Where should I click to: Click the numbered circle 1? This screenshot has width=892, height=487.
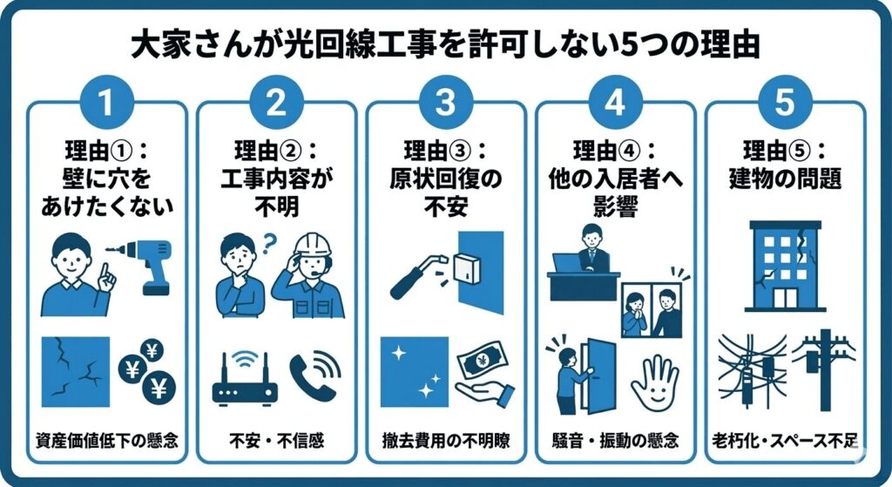pos(105,103)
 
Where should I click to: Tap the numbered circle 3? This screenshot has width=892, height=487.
pos(445,103)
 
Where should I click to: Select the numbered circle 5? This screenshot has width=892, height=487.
pos(785,103)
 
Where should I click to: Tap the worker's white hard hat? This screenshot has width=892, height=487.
pos(312,245)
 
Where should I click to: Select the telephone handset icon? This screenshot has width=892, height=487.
pos(315,376)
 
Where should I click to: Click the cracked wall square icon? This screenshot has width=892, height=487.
pos(76,372)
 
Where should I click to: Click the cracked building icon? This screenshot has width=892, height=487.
pos(786,267)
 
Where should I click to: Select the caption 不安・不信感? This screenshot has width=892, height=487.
pos(276,440)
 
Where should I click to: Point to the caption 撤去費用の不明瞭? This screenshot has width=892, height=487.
pos(446,440)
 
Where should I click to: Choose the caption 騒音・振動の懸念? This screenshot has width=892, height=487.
pos(615,440)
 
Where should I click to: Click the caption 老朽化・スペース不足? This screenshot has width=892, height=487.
pos(785,440)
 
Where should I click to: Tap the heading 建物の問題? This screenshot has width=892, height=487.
pos(785,179)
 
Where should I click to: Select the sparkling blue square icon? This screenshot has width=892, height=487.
pos(415,372)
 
